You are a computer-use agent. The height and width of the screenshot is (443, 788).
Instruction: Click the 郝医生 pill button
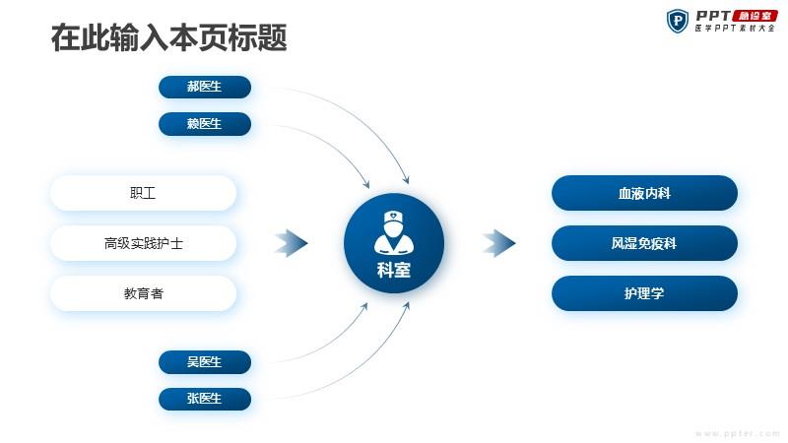[205, 87]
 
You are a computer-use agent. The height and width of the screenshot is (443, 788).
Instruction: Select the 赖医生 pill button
[205, 124]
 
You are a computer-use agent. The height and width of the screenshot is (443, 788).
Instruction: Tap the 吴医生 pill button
[205, 362]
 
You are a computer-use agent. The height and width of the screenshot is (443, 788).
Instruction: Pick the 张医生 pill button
[205, 399]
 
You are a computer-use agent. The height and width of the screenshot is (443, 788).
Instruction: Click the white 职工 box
[143, 193]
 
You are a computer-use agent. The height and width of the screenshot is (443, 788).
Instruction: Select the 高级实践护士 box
[143, 243]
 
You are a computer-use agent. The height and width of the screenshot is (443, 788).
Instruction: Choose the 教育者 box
[143, 293]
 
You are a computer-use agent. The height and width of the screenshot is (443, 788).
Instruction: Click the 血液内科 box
[644, 193]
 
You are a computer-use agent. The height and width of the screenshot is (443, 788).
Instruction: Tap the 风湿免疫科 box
[644, 243]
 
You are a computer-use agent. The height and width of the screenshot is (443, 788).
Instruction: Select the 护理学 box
[644, 293]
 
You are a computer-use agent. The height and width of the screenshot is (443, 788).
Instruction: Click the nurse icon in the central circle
[394, 232]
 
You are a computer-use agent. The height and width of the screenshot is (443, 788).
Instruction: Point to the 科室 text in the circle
[394, 270]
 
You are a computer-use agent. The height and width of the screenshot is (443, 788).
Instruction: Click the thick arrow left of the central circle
[292, 243]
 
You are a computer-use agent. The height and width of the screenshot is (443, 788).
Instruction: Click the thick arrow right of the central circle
[499, 243]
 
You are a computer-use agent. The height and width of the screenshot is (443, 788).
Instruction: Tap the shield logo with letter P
[678, 21]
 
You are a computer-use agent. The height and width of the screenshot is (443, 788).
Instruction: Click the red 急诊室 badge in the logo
[755, 16]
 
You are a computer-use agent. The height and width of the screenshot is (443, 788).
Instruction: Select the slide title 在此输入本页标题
[168, 37]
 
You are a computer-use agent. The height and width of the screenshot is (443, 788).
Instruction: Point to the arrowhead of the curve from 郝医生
[407, 180]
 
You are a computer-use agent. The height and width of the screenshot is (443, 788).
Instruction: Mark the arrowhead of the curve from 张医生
[407, 305]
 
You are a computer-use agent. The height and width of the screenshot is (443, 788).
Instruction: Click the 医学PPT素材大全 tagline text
[735, 29]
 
